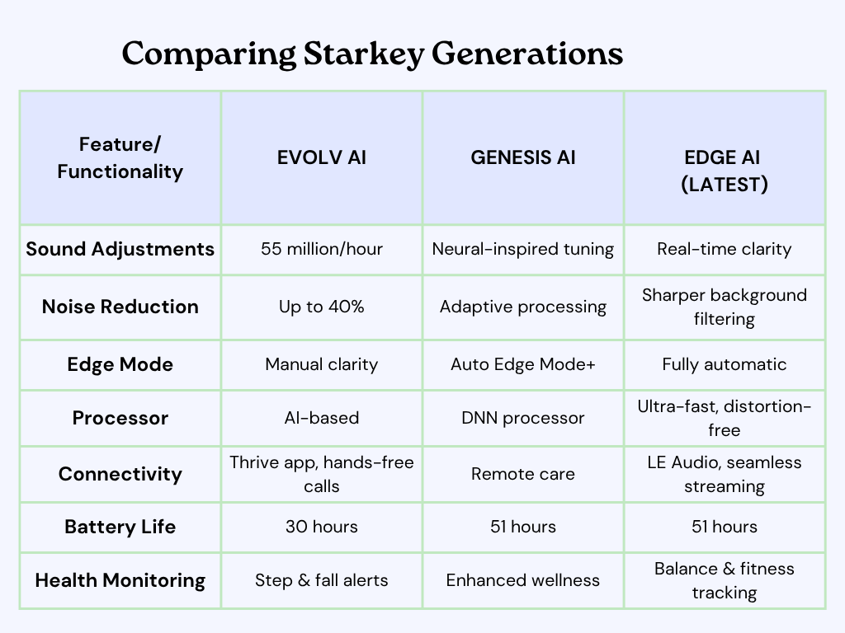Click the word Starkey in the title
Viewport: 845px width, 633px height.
[364, 54]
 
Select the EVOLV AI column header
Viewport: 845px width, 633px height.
[322, 157]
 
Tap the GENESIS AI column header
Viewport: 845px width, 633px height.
[523, 157]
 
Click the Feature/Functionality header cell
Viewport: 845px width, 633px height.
[120, 157]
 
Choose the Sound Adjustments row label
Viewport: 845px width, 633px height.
[120, 249]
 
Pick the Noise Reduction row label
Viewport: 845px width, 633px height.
[120, 307]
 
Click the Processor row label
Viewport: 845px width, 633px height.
[120, 418]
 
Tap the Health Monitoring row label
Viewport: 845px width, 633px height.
[120, 580]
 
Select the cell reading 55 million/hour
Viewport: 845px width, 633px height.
[322, 249]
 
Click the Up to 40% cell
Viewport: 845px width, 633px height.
[322, 307]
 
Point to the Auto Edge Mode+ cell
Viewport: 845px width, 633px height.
[523, 364]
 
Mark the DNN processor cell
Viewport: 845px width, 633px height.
[523, 418]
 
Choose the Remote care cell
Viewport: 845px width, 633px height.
[523, 474]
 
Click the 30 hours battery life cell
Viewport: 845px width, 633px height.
[322, 527]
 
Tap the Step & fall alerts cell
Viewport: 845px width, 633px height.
[322, 580]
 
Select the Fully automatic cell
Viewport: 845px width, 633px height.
[725, 364]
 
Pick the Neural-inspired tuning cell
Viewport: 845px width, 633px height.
[523, 249]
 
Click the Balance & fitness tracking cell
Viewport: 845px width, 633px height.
[725, 581]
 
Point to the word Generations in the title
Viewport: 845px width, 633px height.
[527, 54]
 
